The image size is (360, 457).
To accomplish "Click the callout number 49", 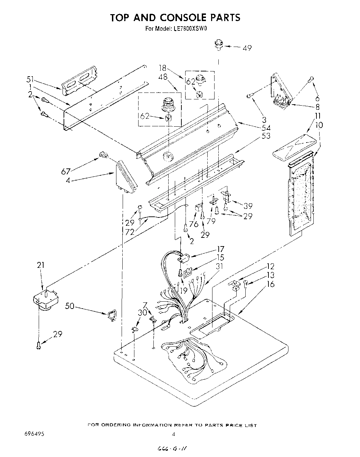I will [247, 48].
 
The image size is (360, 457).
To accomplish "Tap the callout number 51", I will [31, 79].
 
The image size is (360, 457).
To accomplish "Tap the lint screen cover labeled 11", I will [294, 148].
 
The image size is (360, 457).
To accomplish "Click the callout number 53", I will [266, 136].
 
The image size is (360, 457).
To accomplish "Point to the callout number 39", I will [248, 206].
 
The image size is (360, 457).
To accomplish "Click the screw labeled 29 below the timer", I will [39, 344].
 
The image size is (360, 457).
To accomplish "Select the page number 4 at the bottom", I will [174, 434].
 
